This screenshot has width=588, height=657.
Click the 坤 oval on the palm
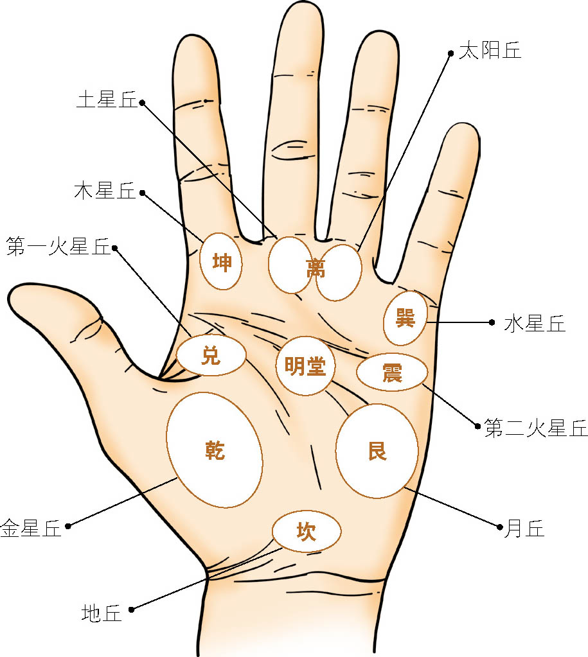(x=222, y=261)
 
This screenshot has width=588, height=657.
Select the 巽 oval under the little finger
(x=405, y=318)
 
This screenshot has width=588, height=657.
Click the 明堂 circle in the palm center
(x=306, y=366)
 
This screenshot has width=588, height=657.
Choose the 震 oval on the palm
(x=392, y=372)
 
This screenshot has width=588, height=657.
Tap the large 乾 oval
(x=214, y=450)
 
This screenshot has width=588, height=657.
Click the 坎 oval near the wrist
(x=307, y=531)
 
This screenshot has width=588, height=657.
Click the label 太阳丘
(x=490, y=51)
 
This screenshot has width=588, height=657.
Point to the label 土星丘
(x=107, y=101)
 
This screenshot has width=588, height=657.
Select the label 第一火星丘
(x=58, y=247)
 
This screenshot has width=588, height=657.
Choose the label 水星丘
(x=535, y=324)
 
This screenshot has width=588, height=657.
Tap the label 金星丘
(x=31, y=529)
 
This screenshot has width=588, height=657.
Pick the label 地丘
(x=102, y=613)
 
